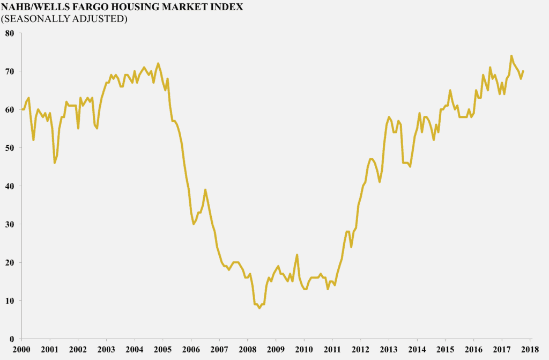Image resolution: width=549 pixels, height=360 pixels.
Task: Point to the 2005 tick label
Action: coord(162,349)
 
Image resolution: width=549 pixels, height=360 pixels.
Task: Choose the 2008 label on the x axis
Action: coord(248,349)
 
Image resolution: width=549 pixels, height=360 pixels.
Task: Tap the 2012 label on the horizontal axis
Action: coord(360,349)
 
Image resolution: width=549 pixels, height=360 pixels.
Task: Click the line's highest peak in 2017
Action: coord(511,56)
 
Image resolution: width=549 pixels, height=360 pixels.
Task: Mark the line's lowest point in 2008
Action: coord(259,308)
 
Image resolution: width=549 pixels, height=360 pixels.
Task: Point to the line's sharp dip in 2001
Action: coord(55,163)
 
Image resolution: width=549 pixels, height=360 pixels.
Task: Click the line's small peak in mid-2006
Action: coord(205,190)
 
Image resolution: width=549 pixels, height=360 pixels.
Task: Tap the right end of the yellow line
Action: coord(523,71)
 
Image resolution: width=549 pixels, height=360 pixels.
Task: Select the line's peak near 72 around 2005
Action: coord(158,63)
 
